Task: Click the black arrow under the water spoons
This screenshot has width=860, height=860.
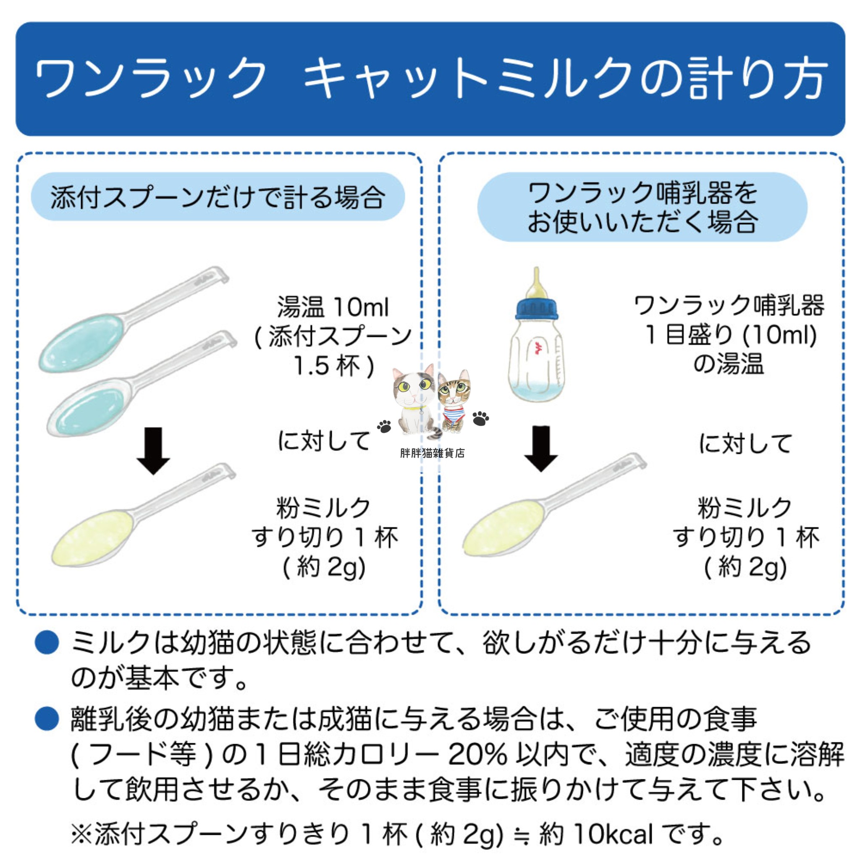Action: pos(153,451)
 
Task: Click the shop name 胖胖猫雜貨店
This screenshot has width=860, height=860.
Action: pos(432,453)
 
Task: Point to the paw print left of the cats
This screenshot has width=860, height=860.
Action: pos(384,426)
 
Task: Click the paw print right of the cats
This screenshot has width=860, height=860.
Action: pos(480,418)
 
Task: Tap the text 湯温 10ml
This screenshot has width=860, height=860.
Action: pos(333,307)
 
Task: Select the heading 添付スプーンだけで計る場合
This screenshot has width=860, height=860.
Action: pos(218,197)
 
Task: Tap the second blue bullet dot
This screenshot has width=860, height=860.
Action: pos(47,718)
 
